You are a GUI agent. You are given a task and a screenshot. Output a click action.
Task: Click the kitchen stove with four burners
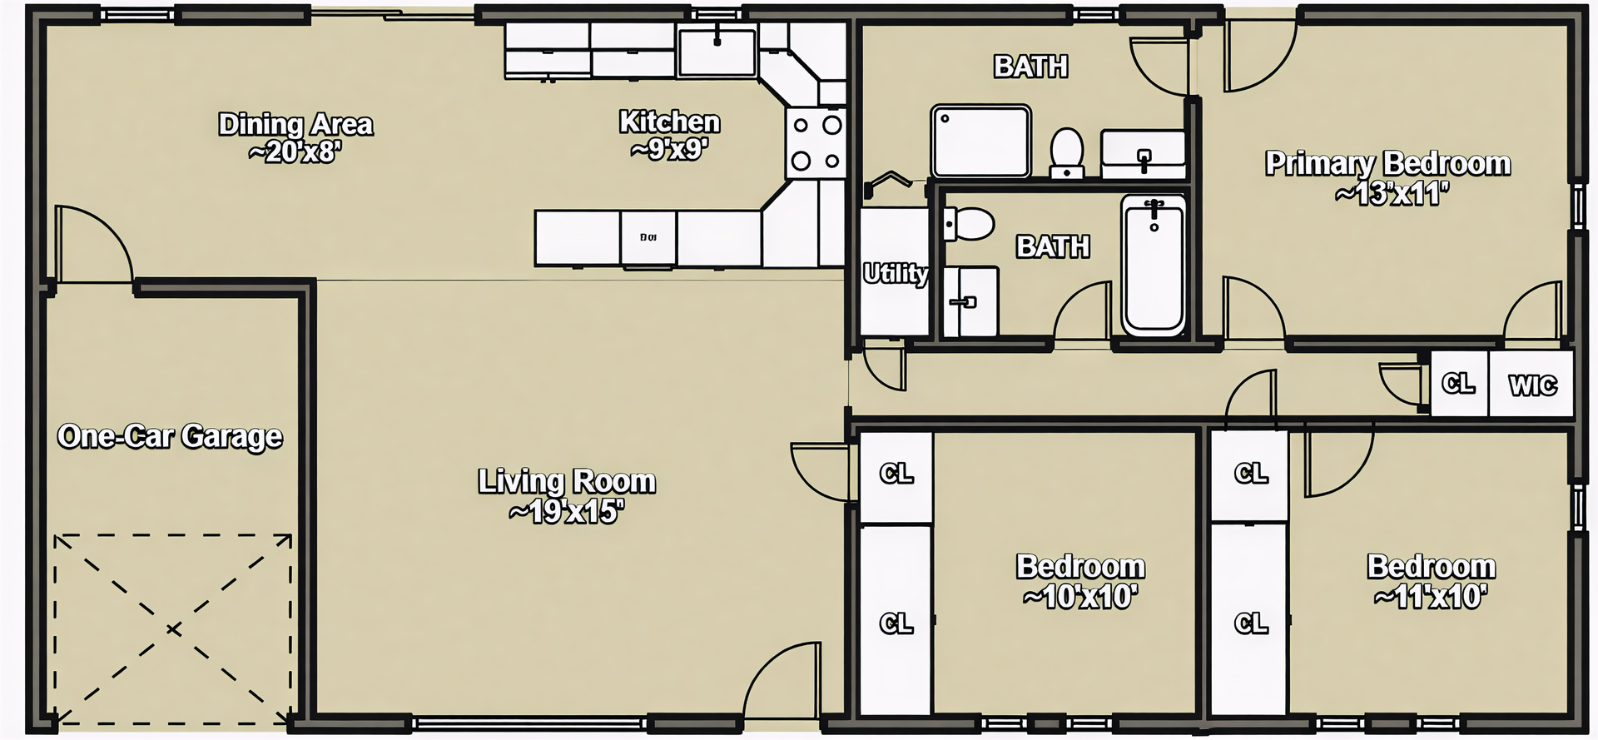[x=816, y=143]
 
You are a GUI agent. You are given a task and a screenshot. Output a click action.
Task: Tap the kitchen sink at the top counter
[x=717, y=50]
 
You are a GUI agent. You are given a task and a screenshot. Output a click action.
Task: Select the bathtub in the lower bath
[x=1153, y=265]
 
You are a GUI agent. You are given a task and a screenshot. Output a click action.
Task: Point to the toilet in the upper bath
[x=1066, y=152]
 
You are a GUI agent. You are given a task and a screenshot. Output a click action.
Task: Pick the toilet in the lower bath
[x=969, y=224]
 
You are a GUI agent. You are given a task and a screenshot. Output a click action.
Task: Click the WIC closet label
[x=1532, y=385]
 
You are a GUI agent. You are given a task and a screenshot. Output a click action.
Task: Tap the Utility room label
[x=895, y=273]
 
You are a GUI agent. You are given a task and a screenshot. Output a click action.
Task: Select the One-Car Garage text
[x=170, y=436]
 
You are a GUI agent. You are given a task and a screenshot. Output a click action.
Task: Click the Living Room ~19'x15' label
[x=567, y=496]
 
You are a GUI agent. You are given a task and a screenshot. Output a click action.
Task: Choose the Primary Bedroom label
[x=1387, y=177]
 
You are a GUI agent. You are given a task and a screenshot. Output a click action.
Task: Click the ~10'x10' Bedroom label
[x=1080, y=581]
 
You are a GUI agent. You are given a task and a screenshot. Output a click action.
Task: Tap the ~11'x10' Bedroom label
[x=1431, y=581]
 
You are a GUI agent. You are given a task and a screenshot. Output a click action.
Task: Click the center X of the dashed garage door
[x=173, y=629]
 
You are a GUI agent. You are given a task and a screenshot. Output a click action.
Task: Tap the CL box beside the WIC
[x=1458, y=383]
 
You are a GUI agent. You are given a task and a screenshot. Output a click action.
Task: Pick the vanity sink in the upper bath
[x=1144, y=155]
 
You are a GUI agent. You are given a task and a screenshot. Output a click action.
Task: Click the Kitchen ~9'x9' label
[x=669, y=135]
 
